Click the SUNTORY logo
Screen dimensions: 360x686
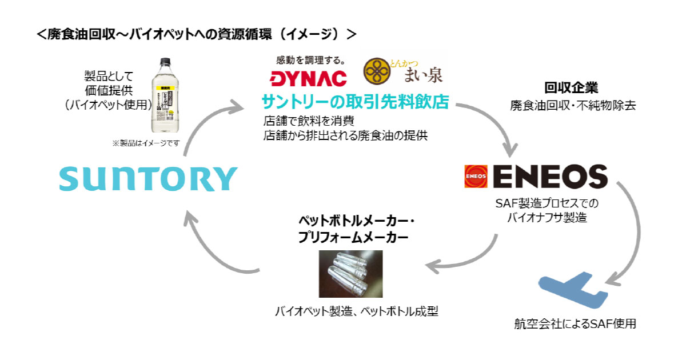tap(147, 179)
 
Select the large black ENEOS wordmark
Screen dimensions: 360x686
tap(549, 177)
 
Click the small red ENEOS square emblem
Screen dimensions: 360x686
tap(476, 177)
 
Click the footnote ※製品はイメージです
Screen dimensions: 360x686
tap(146, 143)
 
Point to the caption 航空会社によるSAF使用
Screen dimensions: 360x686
tap(575, 325)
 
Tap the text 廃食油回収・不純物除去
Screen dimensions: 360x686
tap(572, 106)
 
